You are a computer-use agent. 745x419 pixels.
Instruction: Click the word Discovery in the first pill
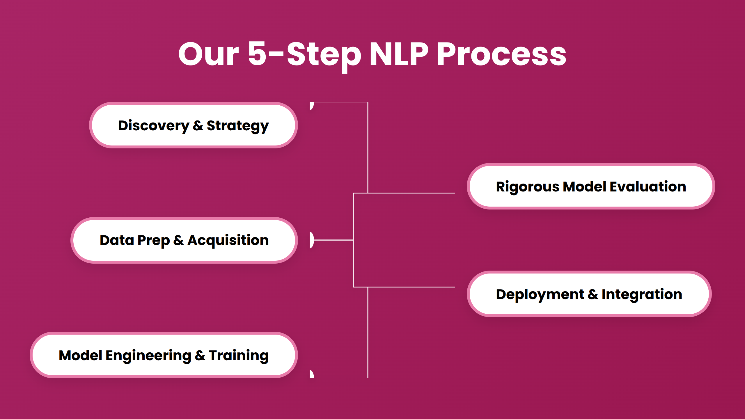(x=153, y=126)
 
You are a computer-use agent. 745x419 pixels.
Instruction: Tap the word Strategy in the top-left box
(x=237, y=126)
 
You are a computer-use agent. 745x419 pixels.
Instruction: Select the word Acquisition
(x=228, y=240)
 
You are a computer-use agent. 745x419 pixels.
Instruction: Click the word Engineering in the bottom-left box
(x=148, y=356)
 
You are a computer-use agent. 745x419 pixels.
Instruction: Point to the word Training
(x=239, y=356)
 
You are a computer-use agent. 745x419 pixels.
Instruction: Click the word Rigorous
(x=527, y=187)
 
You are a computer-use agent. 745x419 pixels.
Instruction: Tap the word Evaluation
(x=648, y=187)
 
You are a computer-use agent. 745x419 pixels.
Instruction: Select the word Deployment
(x=540, y=294)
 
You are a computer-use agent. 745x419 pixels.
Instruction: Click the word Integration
(x=642, y=294)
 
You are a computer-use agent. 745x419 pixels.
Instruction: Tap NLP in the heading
(x=399, y=54)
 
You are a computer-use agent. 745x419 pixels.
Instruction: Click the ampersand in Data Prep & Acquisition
(x=178, y=240)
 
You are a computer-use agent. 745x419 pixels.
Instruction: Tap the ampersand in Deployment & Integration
(x=593, y=294)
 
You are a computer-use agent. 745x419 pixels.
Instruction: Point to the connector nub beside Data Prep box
(x=312, y=240)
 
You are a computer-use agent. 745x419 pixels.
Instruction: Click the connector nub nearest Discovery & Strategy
(x=312, y=106)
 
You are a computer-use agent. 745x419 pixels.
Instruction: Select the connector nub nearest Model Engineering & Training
(x=312, y=374)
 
